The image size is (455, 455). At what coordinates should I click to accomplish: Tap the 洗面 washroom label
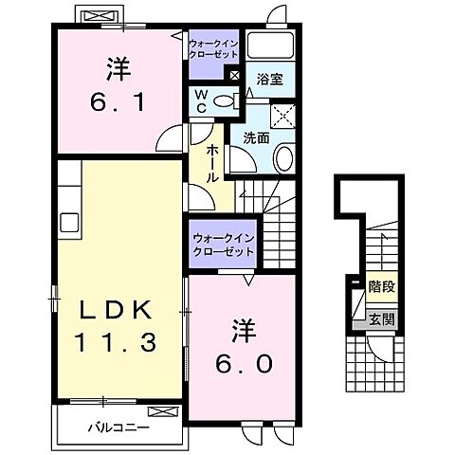coord(256,137)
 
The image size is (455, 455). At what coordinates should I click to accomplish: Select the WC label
coord(202,100)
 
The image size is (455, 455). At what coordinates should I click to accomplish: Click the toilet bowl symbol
coord(224,101)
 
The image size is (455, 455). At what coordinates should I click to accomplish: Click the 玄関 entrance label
coord(382,318)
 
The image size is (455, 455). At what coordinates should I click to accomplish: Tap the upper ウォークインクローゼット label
coord(215,49)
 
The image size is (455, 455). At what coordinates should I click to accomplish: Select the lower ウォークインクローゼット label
coord(223,246)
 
